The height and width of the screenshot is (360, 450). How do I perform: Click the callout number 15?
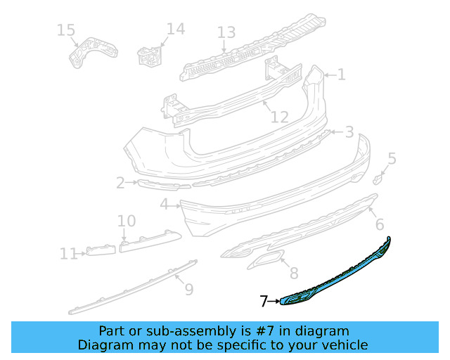tap(65, 30)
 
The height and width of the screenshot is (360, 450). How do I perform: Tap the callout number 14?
tap(175, 30)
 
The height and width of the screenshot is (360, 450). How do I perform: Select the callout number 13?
tap(226, 33)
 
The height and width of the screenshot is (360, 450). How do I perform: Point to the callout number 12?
tap(279, 117)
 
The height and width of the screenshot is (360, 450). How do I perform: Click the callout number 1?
tap(341, 75)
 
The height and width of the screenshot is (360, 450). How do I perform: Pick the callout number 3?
tap(349, 132)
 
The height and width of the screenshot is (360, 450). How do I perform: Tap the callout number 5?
tap(392, 159)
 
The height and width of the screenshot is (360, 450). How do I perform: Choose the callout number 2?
tap(120, 184)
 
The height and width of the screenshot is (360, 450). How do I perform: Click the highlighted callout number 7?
tap(264, 302)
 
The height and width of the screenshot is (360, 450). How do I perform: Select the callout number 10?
tap(127, 221)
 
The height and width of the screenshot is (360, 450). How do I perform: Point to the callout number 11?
tap(69, 253)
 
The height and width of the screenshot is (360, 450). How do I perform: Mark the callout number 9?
tap(188, 289)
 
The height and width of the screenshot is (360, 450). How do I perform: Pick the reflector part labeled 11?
tap(101, 250)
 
